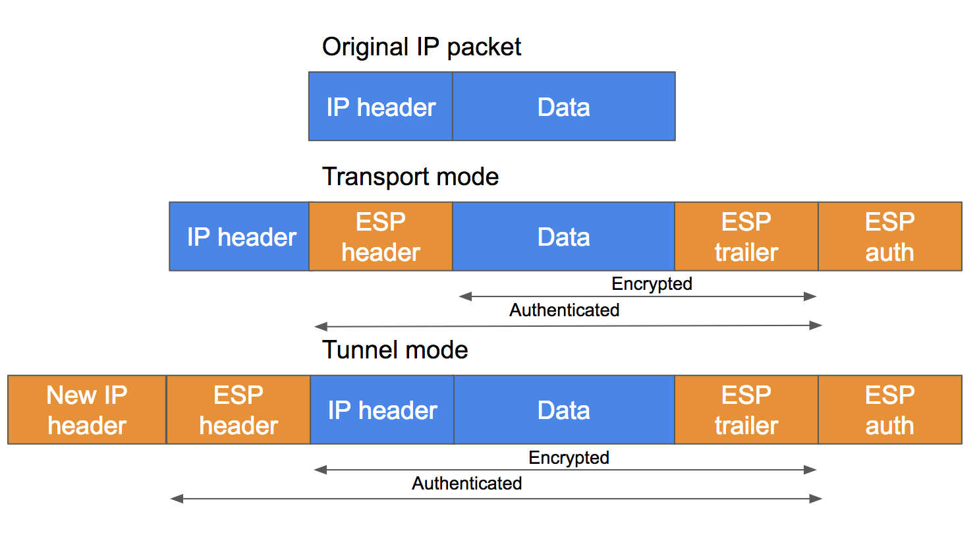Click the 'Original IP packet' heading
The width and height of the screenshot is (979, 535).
pyautogui.click(x=422, y=47)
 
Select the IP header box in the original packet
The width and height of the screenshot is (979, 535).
pyautogui.click(x=381, y=107)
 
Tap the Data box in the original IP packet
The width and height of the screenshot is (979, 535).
pyautogui.click(x=563, y=107)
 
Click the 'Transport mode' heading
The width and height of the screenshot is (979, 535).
pyautogui.click(x=410, y=177)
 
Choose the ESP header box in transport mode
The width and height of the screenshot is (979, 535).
pyautogui.click(x=381, y=237)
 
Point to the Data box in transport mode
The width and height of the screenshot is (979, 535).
pyautogui.click(x=563, y=237)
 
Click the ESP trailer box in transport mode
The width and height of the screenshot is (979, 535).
pyautogui.click(x=746, y=237)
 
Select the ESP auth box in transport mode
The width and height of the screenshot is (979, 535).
pyautogui.click(x=889, y=237)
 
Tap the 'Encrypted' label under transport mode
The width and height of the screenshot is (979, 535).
pyautogui.click(x=652, y=284)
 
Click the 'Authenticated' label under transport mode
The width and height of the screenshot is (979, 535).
pyautogui.click(x=564, y=310)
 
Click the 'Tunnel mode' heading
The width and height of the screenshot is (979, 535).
pyautogui.click(x=395, y=350)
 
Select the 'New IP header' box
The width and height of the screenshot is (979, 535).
pyautogui.click(x=87, y=410)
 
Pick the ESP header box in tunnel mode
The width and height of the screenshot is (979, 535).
pyautogui.click(x=238, y=410)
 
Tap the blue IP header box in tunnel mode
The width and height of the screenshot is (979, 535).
pyautogui.click(x=382, y=410)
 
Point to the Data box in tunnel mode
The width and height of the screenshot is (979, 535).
pyautogui.click(x=563, y=410)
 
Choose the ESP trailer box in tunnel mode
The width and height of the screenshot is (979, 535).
pyautogui.click(x=746, y=410)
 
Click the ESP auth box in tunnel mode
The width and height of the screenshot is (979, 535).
pyautogui.click(x=889, y=410)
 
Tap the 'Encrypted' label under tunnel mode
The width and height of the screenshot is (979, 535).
pyautogui.click(x=569, y=458)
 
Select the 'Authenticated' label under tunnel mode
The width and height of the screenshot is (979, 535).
pyautogui.click(x=466, y=484)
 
